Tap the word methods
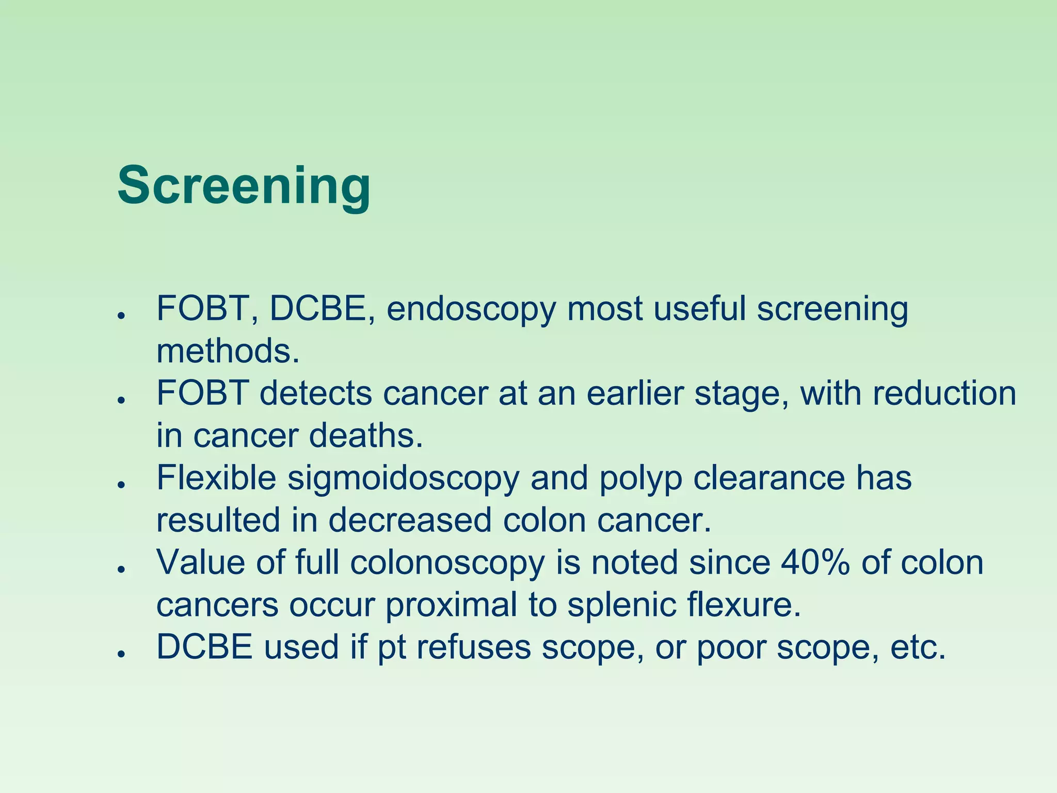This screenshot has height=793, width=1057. point(228,351)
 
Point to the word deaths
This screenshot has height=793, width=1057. point(366,436)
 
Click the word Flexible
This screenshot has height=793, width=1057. point(216,478)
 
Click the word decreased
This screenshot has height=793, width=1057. point(410,520)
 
